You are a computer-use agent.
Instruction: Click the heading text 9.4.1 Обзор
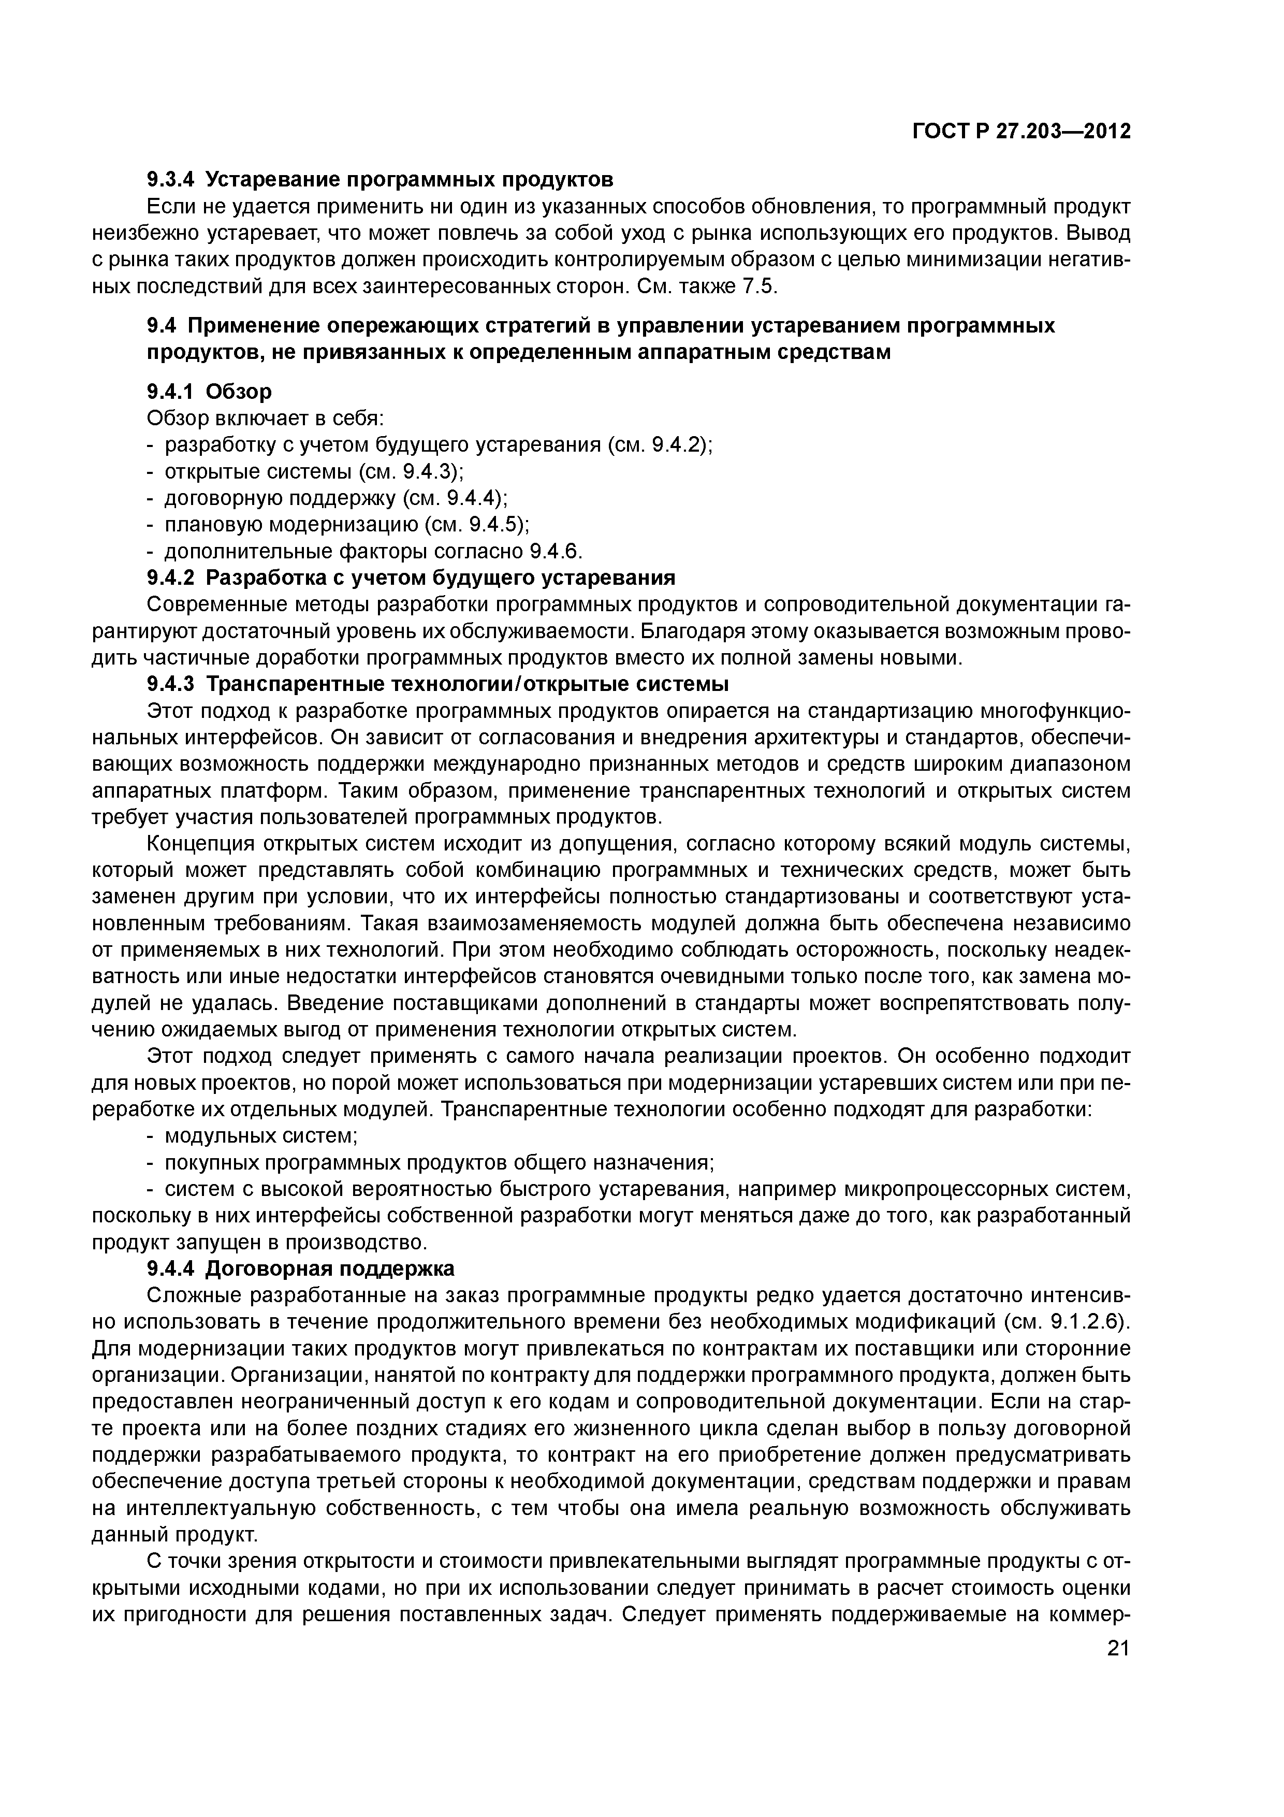coord(209,391)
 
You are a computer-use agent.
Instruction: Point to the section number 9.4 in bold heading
coord(162,325)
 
